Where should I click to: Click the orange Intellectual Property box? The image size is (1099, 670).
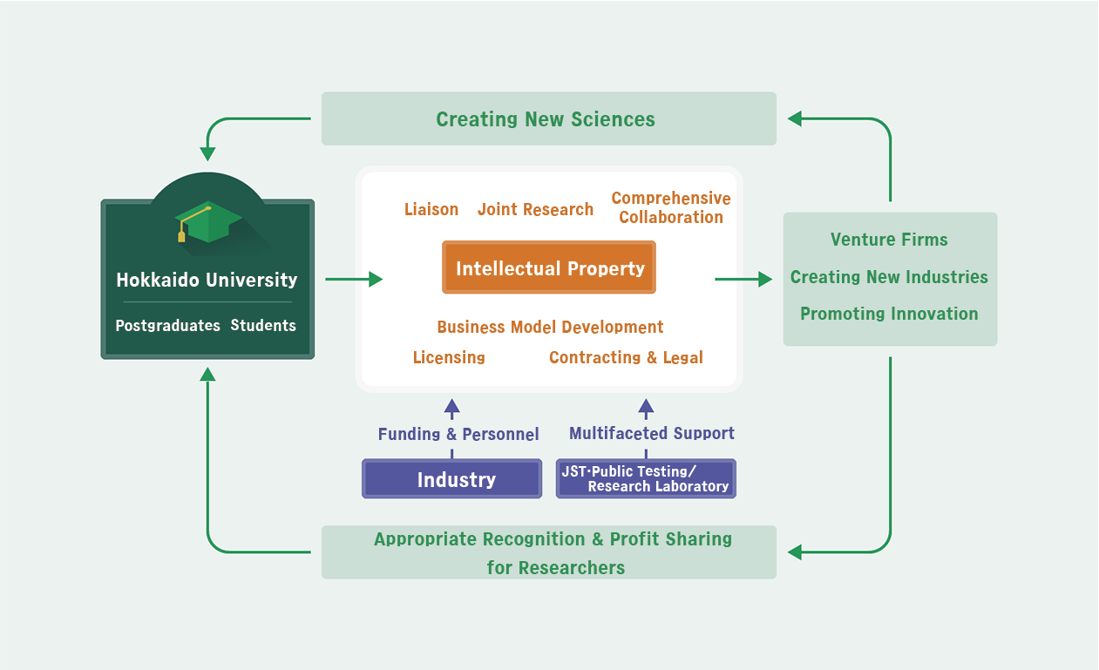click(x=548, y=267)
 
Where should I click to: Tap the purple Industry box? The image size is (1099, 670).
click(x=451, y=478)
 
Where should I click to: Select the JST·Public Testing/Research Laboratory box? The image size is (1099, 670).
click(x=646, y=478)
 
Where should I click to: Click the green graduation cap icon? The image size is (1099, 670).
click(x=208, y=222)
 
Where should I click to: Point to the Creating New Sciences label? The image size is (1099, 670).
click(x=546, y=119)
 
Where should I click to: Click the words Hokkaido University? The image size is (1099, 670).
click(x=207, y=280)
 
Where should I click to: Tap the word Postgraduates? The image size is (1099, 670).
click(x=168, y=326)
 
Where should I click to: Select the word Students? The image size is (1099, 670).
click(x=263, y=325)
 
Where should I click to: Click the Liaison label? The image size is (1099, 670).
click(x=431, y=209)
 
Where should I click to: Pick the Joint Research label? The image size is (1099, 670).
click(x=535, y=209)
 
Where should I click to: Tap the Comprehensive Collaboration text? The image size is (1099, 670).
click(x=671, y=207)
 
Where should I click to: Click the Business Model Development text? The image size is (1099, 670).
click(x=550, y=327)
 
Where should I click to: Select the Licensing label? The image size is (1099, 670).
click(x=449, y=357)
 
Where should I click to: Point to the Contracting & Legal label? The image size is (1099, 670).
click(x=626, y=357)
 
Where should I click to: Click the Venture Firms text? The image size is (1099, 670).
click(x=889, y=240)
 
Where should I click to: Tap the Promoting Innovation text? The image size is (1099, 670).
click(x=889, y=314)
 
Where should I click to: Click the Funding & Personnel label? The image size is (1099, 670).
click(x=458, y=434)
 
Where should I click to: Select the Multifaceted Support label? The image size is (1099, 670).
click(x=652, y=433)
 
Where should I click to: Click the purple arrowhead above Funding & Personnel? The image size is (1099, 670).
click(x=451, y=406)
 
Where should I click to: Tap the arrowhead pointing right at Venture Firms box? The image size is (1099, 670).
click(x=765, y=279)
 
